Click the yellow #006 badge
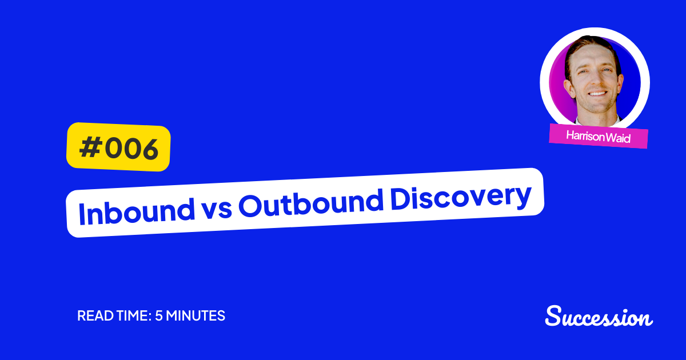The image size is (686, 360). click(118, 147)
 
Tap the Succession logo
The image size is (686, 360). click(599, 317)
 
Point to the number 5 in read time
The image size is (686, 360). click(158, 316)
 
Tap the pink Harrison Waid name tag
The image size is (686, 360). click(598, 137)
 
